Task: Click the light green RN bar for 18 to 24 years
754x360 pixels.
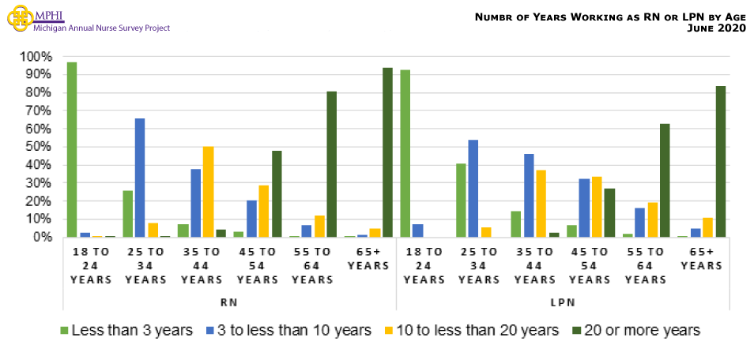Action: click(72, 149)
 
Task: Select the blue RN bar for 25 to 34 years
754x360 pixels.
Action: click(140, 178)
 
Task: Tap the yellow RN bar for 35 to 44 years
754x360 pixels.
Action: click(208, 192)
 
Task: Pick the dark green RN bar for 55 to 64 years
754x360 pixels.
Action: click(332, 164)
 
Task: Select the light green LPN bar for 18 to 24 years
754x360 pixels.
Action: click(405, 153)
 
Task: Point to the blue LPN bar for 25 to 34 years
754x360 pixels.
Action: click(473, 189)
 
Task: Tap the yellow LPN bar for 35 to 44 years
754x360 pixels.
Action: click(541, 204)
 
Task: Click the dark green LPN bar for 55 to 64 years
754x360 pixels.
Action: click(665, 181)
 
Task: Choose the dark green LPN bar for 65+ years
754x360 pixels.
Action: click(721, 162)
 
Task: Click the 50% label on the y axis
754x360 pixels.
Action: click(39, 147)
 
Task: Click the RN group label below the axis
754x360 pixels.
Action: click(230, 302)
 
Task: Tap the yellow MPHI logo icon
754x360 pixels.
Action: click(18, 19)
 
